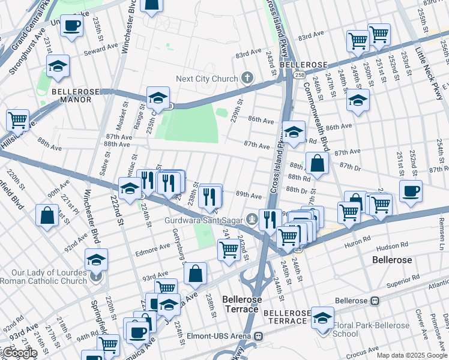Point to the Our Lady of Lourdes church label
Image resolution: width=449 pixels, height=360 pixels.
(44, 276)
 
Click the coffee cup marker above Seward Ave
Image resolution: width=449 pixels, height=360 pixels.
(71, 26)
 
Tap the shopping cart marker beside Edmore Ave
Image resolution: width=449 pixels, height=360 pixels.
(229, 248)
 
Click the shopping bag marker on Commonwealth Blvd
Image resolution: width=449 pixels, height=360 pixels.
(316, 163)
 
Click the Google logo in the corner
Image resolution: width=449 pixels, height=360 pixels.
(19, 353)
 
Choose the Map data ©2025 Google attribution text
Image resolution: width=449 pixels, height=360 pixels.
(411, 355)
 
